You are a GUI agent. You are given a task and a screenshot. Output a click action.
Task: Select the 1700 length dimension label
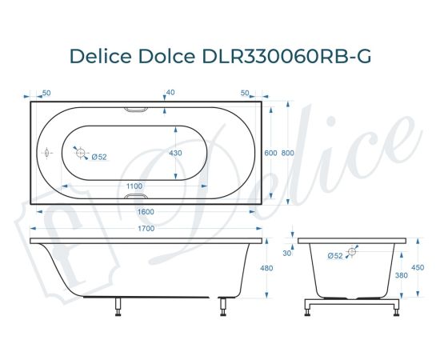point(146,228)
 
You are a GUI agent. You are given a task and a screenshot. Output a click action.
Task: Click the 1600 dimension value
point(146,212)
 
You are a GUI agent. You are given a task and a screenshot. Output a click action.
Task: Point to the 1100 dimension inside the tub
point(135,186)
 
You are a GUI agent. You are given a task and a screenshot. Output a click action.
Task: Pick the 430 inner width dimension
point(175,153)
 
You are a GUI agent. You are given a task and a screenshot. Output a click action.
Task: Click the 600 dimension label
point(271,153)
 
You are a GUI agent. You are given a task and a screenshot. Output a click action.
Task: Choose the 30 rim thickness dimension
point(287,253)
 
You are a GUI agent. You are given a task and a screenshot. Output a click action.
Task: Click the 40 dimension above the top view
point(170,92)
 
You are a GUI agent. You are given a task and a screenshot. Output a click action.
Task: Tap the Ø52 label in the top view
point(99,156)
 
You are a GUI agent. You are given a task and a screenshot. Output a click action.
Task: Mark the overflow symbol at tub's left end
point(46,150)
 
